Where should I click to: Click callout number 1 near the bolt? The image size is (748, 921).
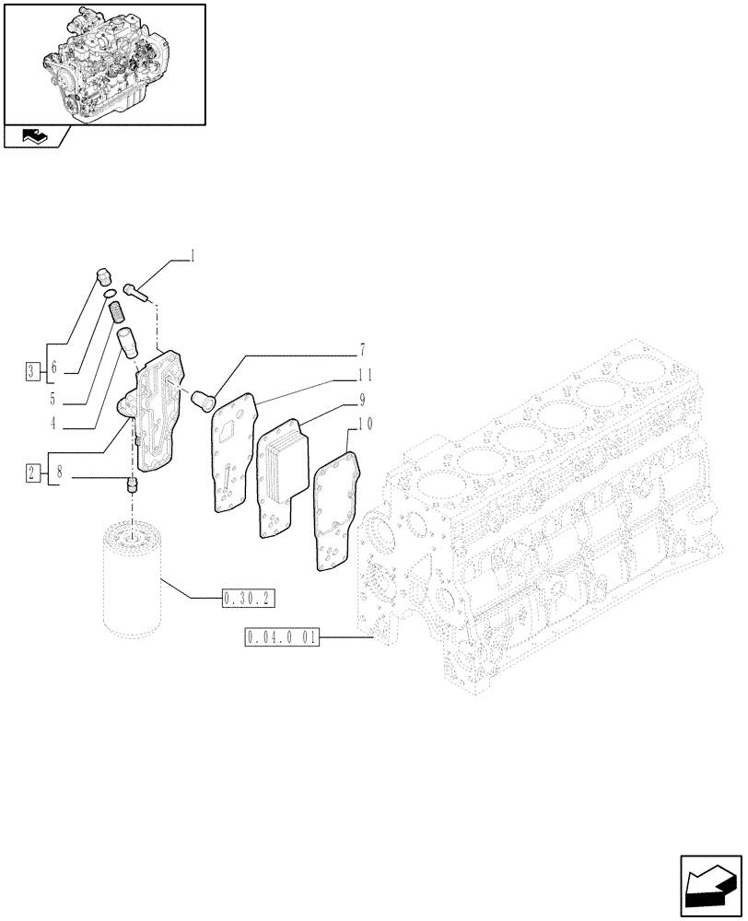193,257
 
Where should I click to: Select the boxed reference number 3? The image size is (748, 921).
32,371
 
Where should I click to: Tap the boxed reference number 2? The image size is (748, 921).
32,473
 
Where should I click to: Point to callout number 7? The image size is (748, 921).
362,351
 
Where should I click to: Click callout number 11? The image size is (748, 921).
365,375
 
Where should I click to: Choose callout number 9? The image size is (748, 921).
362,400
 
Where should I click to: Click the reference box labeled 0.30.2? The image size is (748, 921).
248,600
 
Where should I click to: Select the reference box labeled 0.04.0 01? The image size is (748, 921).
282,636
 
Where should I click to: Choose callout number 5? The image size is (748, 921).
53,399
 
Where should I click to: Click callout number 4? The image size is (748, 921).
53,424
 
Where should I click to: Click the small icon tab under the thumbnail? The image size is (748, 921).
35,137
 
